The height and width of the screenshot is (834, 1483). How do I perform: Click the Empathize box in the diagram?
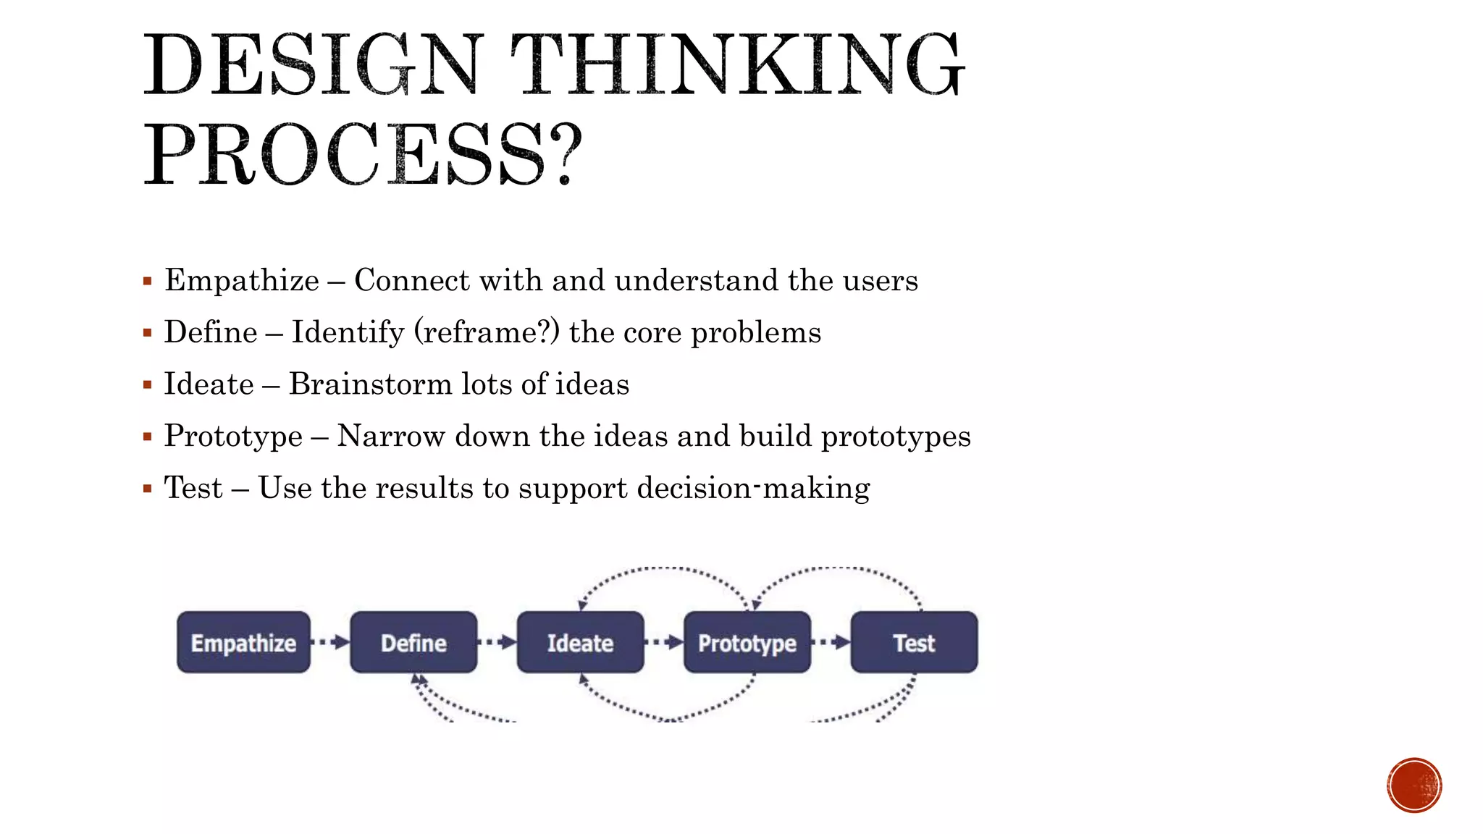click(243, 642)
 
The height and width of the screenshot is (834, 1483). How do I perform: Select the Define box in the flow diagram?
click(413, 642)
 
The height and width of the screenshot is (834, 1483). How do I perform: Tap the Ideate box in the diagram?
click(580, 642)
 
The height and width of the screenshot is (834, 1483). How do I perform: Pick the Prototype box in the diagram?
click(747, 642)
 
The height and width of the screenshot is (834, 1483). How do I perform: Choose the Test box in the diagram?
click(914, 642)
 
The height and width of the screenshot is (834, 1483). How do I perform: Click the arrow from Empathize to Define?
click(330, 641)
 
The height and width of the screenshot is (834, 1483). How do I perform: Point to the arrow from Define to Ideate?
click(497, 641)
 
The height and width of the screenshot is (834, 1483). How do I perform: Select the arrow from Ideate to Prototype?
click(664, 641)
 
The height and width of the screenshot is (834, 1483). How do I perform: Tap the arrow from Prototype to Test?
click(831, 641)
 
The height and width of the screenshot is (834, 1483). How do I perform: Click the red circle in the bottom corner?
click(1414, 785)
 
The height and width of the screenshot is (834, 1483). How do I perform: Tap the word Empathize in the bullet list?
click(242, 281)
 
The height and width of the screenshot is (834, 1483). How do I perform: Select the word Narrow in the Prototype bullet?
click(391, 437)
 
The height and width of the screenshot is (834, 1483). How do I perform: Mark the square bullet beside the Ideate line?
click(148, 384)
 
